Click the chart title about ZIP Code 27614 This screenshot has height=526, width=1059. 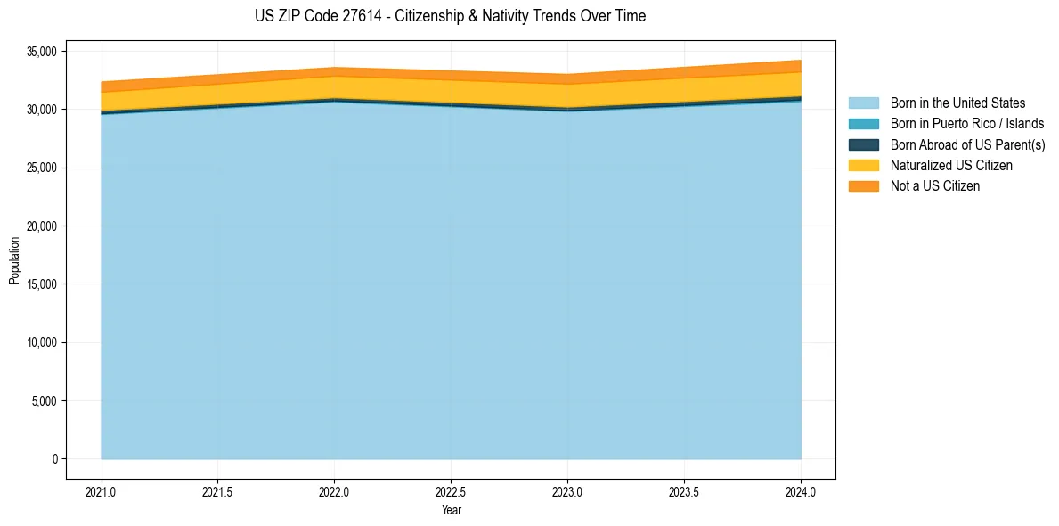450,16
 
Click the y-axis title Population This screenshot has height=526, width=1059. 14,260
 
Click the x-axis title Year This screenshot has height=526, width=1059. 451,510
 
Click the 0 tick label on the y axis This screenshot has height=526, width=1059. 54,459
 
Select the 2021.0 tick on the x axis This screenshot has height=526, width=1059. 102,491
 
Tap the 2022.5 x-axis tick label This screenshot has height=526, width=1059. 451,491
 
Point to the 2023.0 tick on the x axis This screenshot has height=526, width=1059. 567,491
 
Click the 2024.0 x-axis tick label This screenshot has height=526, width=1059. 801,491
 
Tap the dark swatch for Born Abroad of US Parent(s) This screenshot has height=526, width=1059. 863,144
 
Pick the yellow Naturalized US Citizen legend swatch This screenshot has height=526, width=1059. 863,165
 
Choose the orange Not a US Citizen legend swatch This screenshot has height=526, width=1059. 863,185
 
